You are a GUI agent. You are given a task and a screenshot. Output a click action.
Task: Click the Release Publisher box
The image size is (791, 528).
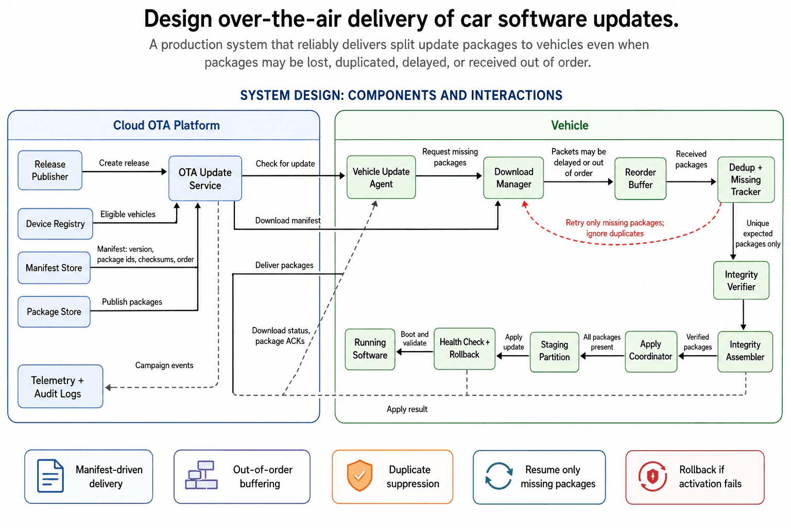click(x=50, y=171)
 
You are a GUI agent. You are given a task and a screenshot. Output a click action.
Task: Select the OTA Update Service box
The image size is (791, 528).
click(x=205, y=178)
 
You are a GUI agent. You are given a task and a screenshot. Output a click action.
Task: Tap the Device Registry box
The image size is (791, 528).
click(x=56, y=224)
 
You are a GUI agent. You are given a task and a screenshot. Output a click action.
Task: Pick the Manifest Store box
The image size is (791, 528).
click(x=54, y=268)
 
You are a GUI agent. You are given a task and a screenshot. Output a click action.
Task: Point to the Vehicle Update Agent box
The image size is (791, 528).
click(x=381, y=177)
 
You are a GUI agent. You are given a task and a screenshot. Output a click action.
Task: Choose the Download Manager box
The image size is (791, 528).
click(x=513, y=178)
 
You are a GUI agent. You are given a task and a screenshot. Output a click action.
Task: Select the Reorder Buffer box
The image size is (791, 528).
click(x=640, y=178)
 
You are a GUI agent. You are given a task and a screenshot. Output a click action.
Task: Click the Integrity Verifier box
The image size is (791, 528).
click(x=741, y=280)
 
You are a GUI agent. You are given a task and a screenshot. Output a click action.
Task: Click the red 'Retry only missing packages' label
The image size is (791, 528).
click(x=615, y=228)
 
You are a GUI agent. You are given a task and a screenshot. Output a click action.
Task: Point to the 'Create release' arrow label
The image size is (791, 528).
click(x=124, y=163)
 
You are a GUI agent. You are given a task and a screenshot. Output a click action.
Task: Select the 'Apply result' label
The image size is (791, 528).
click(x=407, y=409)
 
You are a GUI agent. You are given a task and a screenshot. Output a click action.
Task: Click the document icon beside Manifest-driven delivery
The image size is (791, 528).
click(x=50, y=476)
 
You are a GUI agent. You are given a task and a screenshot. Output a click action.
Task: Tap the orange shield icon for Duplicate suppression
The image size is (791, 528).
click(x=359, y=475)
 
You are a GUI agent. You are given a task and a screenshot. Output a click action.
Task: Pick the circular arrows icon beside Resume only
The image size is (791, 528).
click(x=498, y=476)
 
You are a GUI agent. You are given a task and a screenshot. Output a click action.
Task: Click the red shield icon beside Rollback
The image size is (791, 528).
click(x=652, y=476)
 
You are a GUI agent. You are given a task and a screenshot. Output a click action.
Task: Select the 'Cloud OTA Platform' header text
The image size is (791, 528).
click(x=166, y=125)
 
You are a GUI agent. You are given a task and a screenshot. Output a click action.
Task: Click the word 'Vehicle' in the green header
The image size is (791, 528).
click(x=570, y=125)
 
